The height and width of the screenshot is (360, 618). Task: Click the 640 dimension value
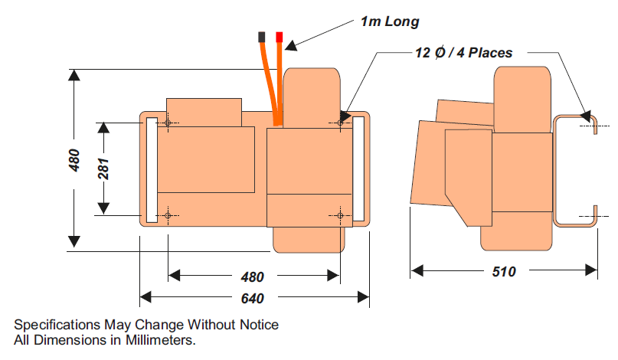click(x=253, y=297)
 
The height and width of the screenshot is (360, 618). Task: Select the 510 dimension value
click(x=504, y=270)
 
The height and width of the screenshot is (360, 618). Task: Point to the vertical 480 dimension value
click(x=74, y=159)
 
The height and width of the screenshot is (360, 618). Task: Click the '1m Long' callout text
click(x=390, y=21)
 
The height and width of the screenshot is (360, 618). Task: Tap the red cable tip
click(x=280, y=37)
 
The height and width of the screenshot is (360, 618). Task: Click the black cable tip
click(x=263, y=37)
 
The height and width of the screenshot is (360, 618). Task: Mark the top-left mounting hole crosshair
click(x=168, y=123)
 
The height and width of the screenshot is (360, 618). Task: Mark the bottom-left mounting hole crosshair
click(x=168, y=215)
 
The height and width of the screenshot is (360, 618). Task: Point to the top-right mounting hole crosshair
click(x=340, y=123)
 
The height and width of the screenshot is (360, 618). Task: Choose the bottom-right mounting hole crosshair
click(x=340, y=215)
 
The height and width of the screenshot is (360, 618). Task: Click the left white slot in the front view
click(x=151, y=169)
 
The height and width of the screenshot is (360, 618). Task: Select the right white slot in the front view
click(x=358, y=169)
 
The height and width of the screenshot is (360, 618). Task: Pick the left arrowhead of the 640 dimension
click(x=145, y=297)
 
